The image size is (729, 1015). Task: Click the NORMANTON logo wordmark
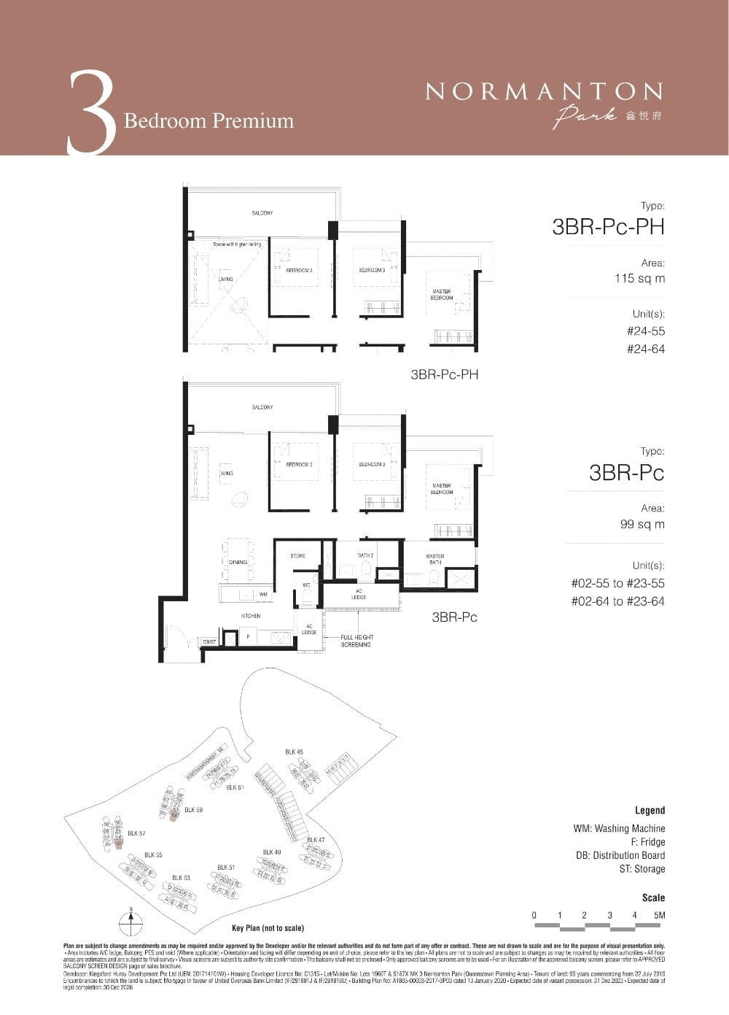point(544,91)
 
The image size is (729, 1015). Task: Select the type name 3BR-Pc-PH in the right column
point(608,227)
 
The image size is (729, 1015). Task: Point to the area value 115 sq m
point(639,278)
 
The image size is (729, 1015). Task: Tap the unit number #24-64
point(646,349)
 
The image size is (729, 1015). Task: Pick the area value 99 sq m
point(642,524)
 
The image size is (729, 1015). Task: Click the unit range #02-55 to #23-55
point(617,583)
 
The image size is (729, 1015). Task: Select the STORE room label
point(298,556)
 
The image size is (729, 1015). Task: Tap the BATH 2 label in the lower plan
point(365,556)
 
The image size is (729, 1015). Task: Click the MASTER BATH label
point(435,559)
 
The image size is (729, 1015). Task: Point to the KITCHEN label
point(251,616)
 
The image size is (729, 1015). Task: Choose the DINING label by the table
point(238,563)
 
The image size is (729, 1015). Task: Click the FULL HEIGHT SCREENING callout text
point(356,641)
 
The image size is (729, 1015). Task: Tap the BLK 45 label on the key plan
point(294,752)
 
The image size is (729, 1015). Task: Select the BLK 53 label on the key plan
point(181,878)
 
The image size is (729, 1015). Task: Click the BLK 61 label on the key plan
point(235,787)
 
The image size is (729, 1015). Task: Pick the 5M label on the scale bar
point(660,915)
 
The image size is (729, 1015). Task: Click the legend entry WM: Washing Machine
point(619,828)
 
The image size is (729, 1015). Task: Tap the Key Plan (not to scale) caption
point(268,928)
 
